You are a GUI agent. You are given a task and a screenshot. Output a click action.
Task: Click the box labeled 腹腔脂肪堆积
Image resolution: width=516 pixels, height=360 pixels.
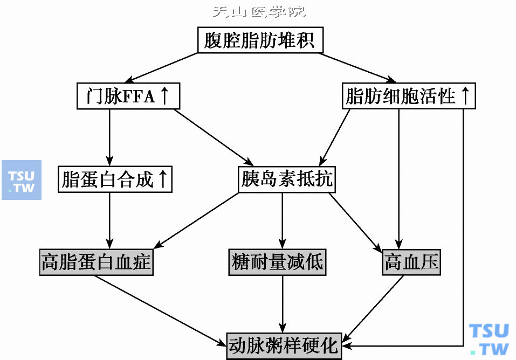(260, 41)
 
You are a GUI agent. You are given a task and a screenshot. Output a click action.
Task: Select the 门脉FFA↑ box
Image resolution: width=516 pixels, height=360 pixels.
(128, 97)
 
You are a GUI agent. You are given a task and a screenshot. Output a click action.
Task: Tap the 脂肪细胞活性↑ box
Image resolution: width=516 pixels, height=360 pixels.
(409, 97)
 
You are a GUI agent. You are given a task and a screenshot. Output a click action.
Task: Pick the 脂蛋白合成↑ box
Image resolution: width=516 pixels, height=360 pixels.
(115, 179)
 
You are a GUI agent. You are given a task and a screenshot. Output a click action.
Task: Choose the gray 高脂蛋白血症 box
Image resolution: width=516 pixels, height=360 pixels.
(97, 263)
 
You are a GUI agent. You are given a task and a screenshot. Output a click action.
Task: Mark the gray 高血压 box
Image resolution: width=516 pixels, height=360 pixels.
(411, 263)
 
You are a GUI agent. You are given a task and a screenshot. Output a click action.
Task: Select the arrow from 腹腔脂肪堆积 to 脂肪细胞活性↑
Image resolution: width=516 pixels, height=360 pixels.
(359, 68)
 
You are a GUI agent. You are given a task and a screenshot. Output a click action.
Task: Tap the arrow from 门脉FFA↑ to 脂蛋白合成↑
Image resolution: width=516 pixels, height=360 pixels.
(109, 138)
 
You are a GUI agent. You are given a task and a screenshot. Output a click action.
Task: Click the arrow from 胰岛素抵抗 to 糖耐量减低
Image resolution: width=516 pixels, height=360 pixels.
(281, 220)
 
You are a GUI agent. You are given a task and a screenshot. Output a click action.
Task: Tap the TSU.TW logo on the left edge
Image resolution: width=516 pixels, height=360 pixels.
(22, 180)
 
